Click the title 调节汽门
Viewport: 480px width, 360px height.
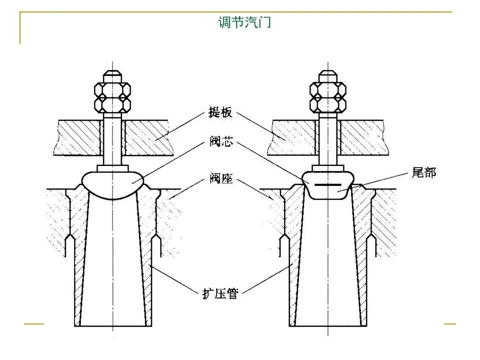pos(244,22)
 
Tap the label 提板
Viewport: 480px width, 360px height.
pos(220,112)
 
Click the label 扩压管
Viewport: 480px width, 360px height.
pos(220,293)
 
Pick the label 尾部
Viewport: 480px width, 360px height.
pos(423,172)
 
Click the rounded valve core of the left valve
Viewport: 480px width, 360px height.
pos(113,185)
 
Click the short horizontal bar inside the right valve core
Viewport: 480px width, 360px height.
pos(327,185)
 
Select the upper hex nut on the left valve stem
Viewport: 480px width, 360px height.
pos(112,89)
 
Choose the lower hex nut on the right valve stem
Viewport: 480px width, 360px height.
pos(328,104)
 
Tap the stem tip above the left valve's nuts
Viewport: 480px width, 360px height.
pos(112,76)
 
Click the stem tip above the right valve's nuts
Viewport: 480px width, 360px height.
pos(328,76)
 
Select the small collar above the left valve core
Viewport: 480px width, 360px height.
pos(112,168)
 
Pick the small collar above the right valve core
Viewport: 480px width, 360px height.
pos(328,168)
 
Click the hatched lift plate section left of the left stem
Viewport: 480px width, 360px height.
pos(78,137)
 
